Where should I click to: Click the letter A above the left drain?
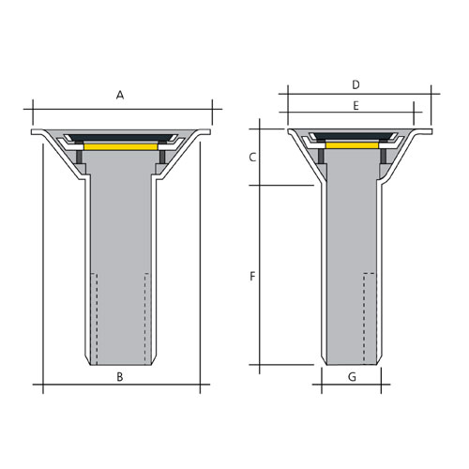point(119,95)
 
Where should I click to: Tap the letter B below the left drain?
point(119,377)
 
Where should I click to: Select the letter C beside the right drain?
point(252,158)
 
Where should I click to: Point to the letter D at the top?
point(356,84)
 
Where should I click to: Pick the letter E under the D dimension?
point(356,107)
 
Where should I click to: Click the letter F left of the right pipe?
point(251,277)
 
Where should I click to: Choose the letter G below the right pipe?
point(352,377)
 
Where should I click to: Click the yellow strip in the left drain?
point(119,147)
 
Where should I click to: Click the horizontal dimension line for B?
point(75,385)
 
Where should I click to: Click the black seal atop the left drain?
point(119,138)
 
